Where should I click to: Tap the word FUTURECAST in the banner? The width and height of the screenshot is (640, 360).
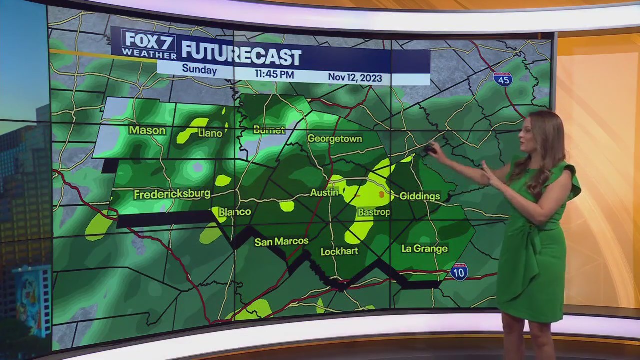point(241,55)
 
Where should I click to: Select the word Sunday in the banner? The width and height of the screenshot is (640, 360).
point(199,69)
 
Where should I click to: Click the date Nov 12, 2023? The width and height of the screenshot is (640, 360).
point(355,78)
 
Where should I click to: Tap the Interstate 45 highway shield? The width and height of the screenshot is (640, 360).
point(502,79)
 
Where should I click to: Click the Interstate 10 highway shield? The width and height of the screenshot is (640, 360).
point(459,272)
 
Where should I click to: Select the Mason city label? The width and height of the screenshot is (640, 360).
point(147,130)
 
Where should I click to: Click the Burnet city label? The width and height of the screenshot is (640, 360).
point(269,130)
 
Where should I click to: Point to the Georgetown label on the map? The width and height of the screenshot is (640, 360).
point(334,138)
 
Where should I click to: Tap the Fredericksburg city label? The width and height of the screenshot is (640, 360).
point(172,194)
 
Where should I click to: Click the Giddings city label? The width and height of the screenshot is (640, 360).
point(419,196)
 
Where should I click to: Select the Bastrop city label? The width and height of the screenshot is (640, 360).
point(374,212)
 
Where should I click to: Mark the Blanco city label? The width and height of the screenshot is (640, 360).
point(235,212)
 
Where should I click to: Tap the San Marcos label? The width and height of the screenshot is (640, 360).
point(281,242)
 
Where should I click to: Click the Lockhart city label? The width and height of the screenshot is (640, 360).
point(339,251)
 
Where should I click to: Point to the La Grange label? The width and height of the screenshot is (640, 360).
point(424,248)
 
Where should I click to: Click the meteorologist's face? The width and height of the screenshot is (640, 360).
point(529,133)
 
